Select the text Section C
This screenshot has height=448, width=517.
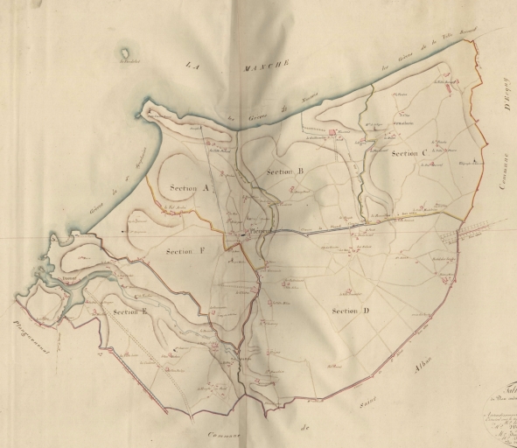[x=409, y=153]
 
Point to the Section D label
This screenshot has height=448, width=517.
[x=351, y=311]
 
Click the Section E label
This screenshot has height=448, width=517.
[x=129, y=311]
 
